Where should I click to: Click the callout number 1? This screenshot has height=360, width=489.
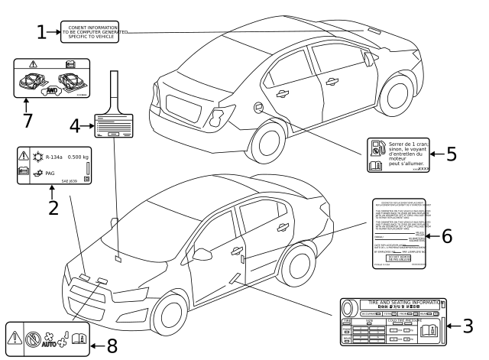[43, 32]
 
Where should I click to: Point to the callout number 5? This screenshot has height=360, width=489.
[452, 154]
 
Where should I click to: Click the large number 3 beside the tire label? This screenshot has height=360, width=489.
[466, 326]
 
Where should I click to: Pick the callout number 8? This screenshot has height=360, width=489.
[112, 345]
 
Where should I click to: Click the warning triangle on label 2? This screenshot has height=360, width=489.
[23, 157]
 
